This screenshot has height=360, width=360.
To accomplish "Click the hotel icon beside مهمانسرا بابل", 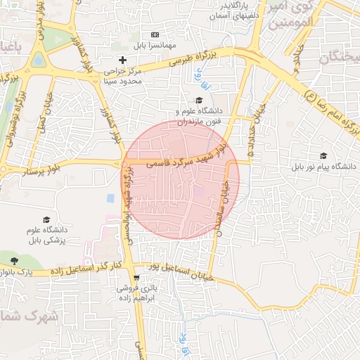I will coord(155,34).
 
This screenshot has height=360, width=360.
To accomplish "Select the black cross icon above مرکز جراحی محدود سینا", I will coord(123,60).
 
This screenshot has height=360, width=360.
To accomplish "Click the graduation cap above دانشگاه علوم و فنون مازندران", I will coord(200,100).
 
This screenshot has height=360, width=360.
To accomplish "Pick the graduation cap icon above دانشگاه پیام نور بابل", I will coord(323,156).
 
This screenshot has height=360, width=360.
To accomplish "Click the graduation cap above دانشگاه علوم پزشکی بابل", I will coord(46,220).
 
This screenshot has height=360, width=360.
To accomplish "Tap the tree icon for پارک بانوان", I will coord(14,262).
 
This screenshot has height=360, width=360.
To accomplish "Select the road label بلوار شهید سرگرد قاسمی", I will coord(187,158).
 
